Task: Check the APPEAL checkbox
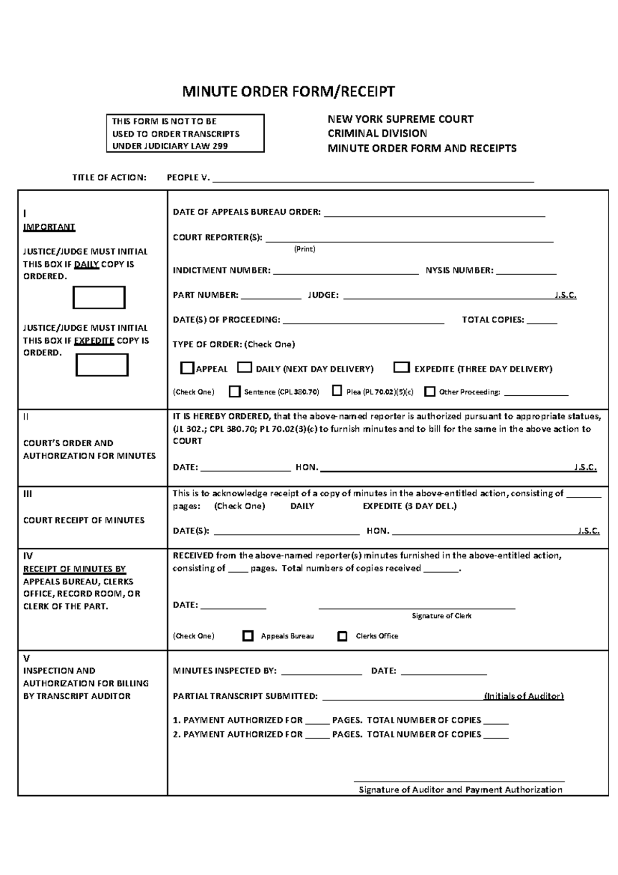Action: tap(187, 368)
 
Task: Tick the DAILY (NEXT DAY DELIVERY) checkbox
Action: tap(244, 368)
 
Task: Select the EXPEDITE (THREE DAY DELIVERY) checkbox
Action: tap(401, 367)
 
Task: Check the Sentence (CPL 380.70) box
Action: tap(234, 392)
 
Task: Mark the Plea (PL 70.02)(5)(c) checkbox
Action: tap(337, 391)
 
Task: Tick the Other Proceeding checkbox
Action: tap(430, 392)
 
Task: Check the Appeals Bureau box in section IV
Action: tap(248, 636)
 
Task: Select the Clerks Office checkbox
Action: tap(342, 636)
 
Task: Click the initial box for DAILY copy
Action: tap(99, 298)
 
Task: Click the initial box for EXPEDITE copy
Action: tap(102, 365)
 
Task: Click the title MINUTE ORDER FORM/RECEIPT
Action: tap(288, 92)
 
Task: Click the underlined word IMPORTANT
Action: tap(49, 227)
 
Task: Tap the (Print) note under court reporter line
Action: tap(304, 249)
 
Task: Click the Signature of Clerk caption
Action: tap(441, 616)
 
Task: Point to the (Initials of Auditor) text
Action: tap(524, 696)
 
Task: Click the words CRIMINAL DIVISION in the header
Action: tap(377, 133)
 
